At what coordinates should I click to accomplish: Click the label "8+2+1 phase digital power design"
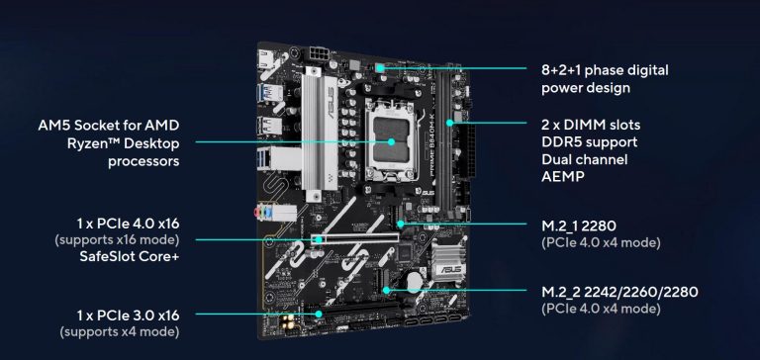[605, 78]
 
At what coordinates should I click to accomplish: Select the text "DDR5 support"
[590, 142]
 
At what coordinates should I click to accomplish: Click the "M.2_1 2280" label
[578, 225]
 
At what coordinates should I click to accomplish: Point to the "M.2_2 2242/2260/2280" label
[619, 292]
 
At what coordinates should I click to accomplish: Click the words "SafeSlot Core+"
[130, 256]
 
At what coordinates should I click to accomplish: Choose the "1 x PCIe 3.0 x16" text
[128, 315]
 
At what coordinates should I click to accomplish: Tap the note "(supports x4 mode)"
[119, 332]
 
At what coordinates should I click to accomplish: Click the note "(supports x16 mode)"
[117, 240]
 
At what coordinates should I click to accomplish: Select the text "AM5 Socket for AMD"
[109, 125]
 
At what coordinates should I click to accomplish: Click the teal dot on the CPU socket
[391, 141]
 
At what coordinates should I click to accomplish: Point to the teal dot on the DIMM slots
[450, 123]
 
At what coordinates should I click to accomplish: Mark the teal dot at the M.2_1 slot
[401, 224]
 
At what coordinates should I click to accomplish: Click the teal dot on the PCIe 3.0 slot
[319, 314]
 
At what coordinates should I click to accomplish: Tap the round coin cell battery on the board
[415, 280]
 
